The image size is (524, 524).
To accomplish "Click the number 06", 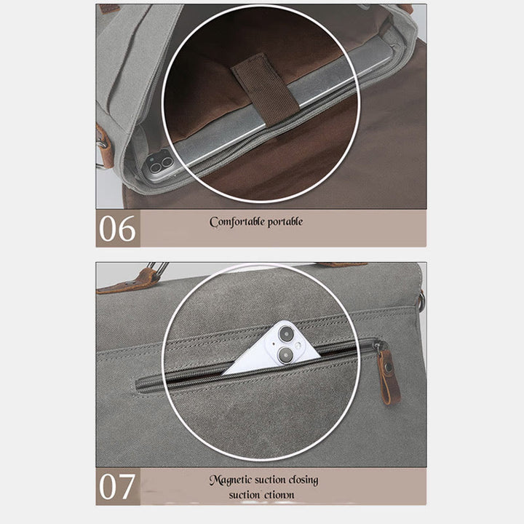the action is (117, 229).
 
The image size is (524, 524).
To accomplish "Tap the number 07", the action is (117, 487).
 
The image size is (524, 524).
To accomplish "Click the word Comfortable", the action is (237, 222).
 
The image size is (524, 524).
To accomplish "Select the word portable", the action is (285, 222).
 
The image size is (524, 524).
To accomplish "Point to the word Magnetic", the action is (231, 480).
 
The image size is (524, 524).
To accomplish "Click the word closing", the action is (303, 480).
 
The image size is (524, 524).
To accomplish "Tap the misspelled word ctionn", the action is (278, 495).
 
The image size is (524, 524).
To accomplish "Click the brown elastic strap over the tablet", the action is (265, 89).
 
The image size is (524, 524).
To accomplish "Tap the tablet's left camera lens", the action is (155, 167).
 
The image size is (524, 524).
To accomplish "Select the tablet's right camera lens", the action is (167, 162).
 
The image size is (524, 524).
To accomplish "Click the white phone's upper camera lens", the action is (287, 333).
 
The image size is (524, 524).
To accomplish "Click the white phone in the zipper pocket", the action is (272, 349).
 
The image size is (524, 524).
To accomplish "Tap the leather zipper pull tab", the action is (389, 376).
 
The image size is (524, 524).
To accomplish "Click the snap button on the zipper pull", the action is (389, 367).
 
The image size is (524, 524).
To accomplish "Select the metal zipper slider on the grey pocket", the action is (378, 346).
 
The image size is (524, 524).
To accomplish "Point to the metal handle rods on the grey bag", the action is (158, 268).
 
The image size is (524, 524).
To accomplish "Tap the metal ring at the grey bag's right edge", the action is (421, 301).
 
